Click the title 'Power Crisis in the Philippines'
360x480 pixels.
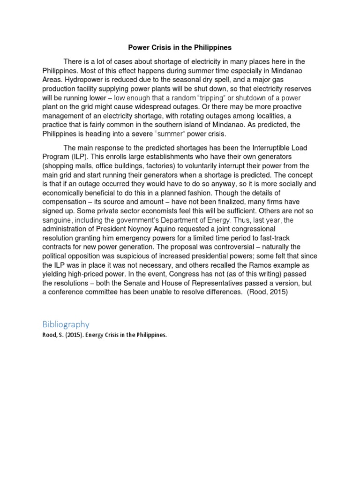pos(180,48)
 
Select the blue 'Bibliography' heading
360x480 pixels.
pos(66,324)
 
